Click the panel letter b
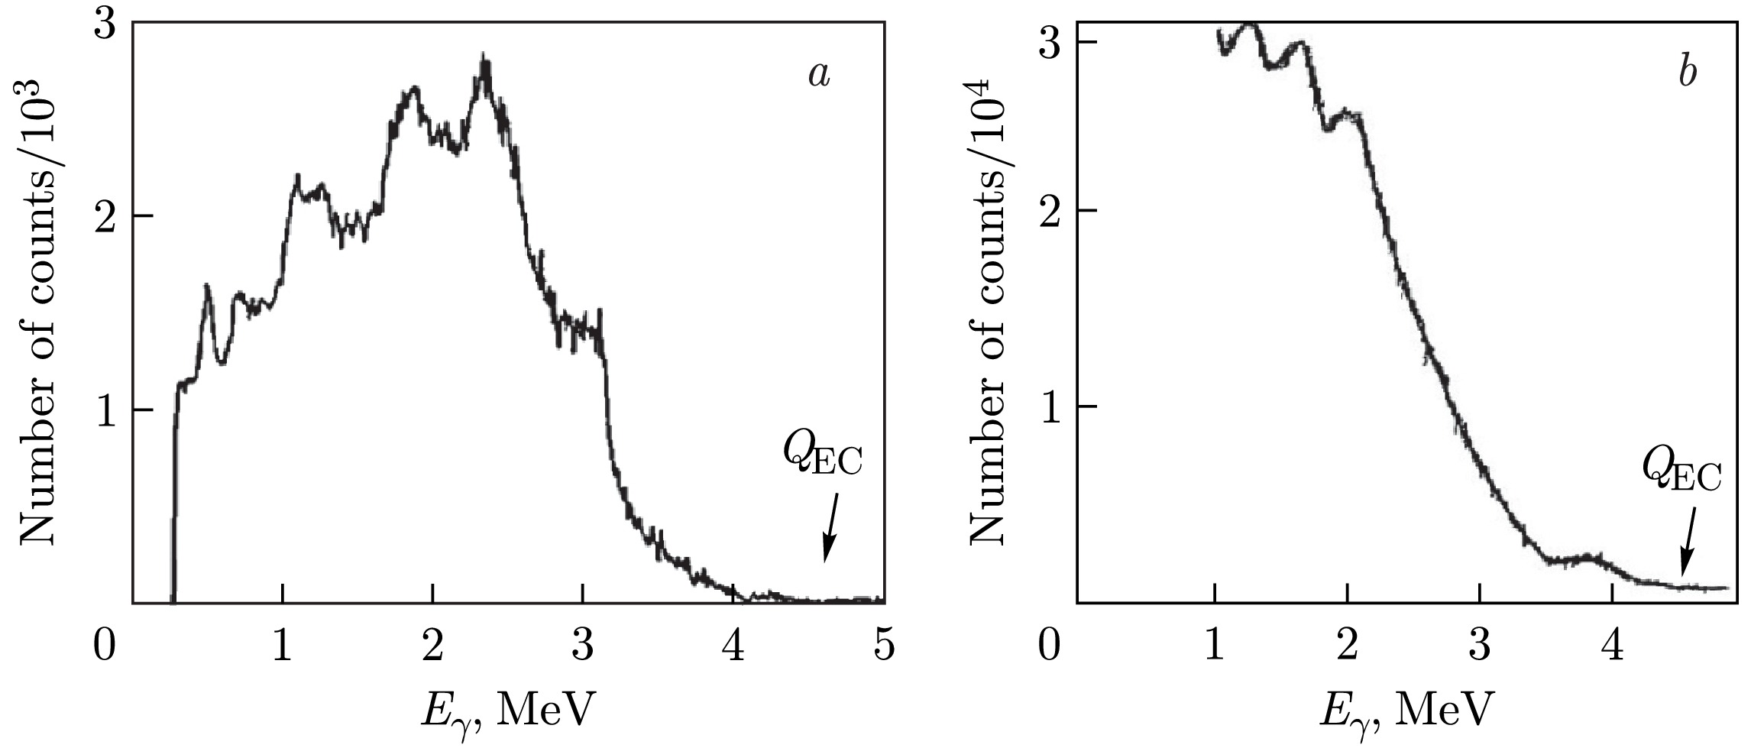1688,74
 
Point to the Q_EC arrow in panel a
830,526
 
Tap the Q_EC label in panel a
822,458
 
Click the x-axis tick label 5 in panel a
884,646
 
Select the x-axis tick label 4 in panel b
1612,646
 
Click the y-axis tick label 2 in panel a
103,215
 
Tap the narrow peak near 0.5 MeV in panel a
206,287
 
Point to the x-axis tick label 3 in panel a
583,646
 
